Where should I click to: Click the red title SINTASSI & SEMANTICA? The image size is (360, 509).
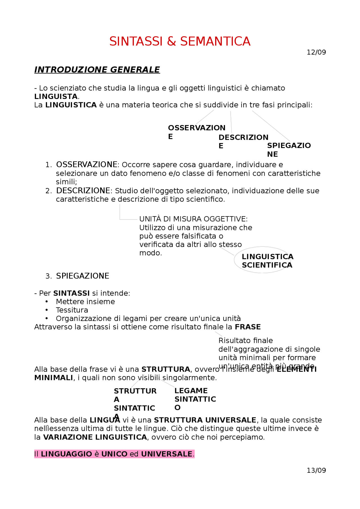click(180, 42)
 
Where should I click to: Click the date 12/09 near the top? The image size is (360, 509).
click(316, 52)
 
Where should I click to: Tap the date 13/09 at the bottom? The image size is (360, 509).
click(316, 470)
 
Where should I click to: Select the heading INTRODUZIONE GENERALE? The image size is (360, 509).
click(97, 70)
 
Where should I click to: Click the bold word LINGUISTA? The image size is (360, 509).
click(56, 96)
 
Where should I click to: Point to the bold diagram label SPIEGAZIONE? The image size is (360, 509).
click(289, 150)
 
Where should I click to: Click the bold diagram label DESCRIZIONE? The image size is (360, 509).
click(243, 141)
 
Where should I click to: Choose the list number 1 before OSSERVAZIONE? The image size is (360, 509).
click(48, 165)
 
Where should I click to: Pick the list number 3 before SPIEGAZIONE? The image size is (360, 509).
click(48, 276)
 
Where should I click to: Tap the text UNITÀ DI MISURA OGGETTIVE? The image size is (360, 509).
click(193, 219)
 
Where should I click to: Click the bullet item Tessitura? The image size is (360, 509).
click(72, 310)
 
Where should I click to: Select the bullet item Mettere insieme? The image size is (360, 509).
click(85, 302)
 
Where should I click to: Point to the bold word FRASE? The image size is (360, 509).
click(248, 327)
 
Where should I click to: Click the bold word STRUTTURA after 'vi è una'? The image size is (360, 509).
click(166, 369)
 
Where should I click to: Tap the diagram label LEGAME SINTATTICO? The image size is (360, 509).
click(195, 399)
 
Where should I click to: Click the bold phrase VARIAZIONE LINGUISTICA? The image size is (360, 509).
click(95, 437)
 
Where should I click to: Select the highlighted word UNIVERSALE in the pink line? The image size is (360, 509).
click(166, 454)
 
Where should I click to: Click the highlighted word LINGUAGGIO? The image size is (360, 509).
click(66, 454)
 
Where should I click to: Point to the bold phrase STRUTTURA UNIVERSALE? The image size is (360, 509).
click(205, 420)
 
